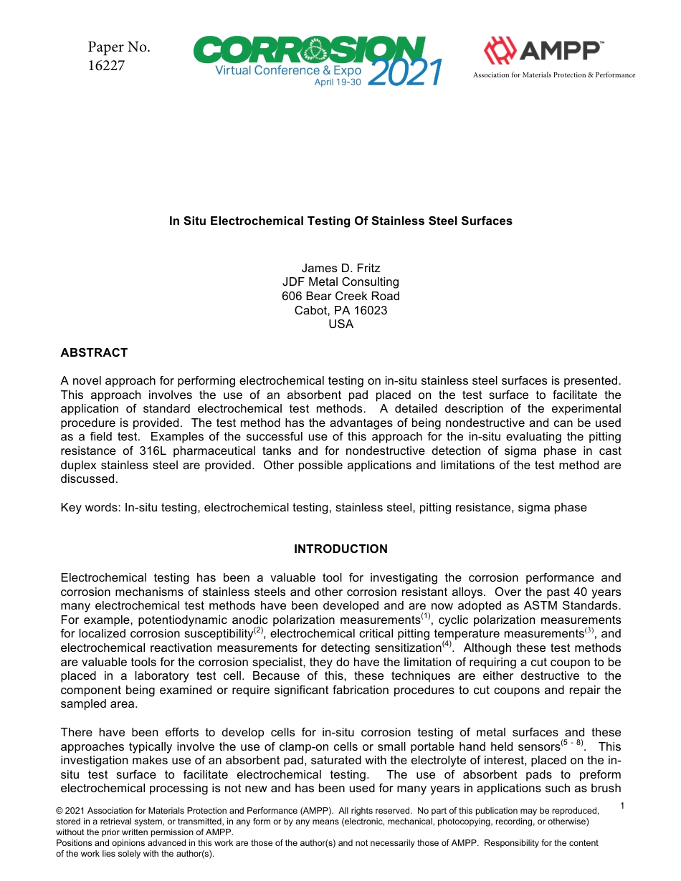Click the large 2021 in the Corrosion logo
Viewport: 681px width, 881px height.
tap(404, 73)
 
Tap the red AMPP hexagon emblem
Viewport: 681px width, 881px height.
tap(500, 52)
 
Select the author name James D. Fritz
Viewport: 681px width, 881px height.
tap(340, 269)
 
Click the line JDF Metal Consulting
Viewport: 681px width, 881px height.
tap(340, 282)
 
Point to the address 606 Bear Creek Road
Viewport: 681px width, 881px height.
tap(340, 296)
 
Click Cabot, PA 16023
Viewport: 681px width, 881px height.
tap(340, 310)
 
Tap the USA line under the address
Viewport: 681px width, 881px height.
tap(340, 324)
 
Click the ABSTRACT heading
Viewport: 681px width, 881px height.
tap(94, 352)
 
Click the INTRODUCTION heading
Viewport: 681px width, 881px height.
tap(340, 549)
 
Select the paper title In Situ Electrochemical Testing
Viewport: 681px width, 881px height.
tap(340, 221)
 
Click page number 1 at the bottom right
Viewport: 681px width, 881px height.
tap(622, 807)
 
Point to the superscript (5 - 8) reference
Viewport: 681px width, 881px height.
tap(571, 743)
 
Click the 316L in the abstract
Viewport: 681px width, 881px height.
tap(136, 451)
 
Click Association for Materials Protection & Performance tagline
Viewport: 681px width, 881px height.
tap(553, 75)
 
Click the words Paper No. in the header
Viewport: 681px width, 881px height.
tap(119, 48)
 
